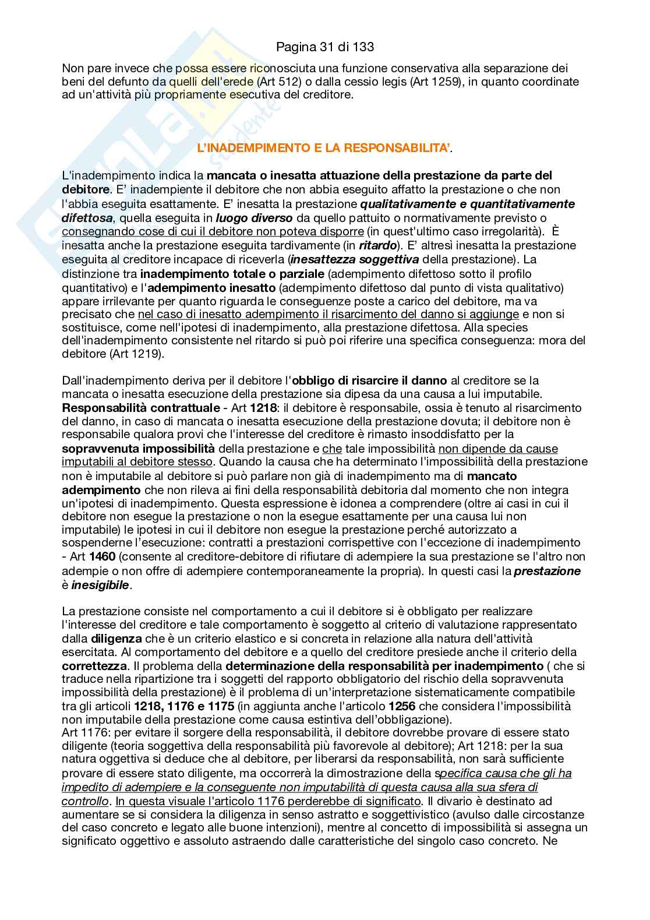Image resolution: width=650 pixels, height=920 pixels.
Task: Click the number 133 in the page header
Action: click(363, 46)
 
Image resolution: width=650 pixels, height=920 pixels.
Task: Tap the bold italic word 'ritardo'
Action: click(377, 245)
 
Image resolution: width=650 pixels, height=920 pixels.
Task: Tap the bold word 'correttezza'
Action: click(94, 665)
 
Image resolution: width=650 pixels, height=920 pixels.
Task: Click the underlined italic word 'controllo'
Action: click(85, 801)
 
